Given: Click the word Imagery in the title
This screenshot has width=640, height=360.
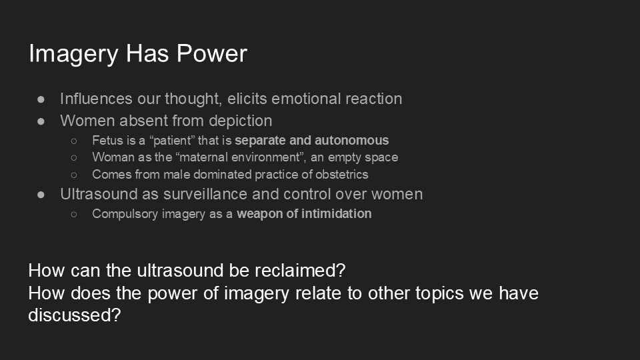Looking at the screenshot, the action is [73, 54].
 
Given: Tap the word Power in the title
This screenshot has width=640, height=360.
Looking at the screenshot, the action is [212, 53].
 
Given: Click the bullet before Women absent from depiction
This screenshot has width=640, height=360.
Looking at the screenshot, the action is [41, 121].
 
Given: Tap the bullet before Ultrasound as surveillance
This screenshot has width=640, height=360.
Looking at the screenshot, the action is [41, 195].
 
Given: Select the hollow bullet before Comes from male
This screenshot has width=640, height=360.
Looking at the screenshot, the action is [74, 175].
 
